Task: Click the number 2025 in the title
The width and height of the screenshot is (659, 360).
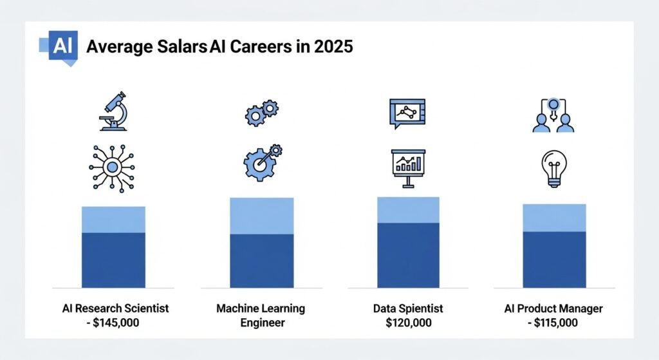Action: click(333, 47)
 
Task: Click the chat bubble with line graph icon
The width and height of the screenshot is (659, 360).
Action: click(407, 114)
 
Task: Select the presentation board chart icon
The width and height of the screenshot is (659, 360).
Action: click(408, 167)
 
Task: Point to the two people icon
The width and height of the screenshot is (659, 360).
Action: click(553, 116)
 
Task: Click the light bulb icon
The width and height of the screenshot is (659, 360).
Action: click(553, 167)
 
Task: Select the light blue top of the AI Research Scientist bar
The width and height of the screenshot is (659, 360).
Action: click(113, 220)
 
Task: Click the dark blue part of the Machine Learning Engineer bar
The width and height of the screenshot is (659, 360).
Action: click(261, 260)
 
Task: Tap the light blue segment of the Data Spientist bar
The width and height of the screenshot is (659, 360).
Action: click(408, 210)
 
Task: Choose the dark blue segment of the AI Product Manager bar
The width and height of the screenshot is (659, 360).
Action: click(554, 259)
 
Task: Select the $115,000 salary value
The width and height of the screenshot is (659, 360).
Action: click(557, 321)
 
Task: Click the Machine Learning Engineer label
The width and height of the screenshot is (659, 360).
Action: click(261, 315)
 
